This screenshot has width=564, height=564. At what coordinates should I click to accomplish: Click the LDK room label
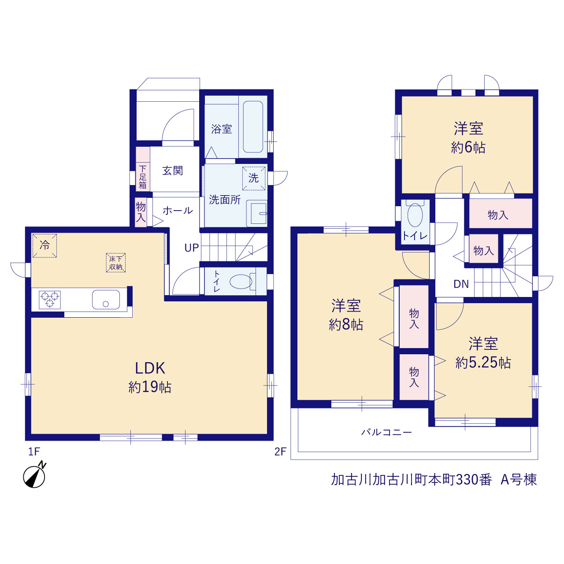coord(150,368)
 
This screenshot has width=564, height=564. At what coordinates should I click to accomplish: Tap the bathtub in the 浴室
coord(252,127)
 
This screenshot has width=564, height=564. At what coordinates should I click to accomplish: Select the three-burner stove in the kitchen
coord(50,300)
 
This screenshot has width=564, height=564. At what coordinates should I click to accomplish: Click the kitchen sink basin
coord(106,300)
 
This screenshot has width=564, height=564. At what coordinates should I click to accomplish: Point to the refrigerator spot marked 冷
coord(45,245)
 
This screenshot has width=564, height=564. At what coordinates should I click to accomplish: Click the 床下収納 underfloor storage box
coord(115,263)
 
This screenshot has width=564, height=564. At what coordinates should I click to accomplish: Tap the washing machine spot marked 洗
coord(253,178)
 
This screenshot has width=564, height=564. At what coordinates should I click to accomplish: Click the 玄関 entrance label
coord(173,171)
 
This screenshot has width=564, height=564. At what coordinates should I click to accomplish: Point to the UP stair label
coord(191,248)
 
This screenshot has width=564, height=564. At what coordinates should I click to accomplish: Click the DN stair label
coord(461,284)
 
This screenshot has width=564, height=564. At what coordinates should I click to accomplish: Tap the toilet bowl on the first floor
coord(241,282)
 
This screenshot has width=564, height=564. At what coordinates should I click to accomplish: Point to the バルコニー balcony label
coord(386,432)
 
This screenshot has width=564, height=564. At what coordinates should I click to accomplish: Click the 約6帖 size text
coord(468,148)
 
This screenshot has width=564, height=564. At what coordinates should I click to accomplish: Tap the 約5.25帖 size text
coord(483,363)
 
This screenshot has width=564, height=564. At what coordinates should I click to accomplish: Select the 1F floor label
coord(33,452)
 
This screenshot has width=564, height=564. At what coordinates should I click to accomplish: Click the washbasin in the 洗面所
coord(257,213)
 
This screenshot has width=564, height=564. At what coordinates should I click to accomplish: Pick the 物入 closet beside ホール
coord(141,212)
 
